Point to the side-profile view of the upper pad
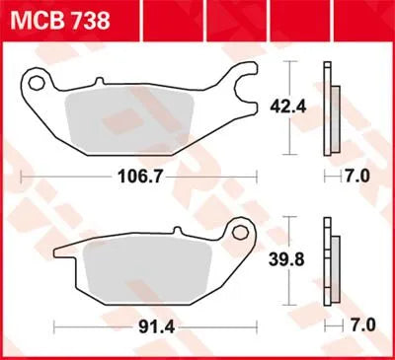(x=331, y=108)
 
